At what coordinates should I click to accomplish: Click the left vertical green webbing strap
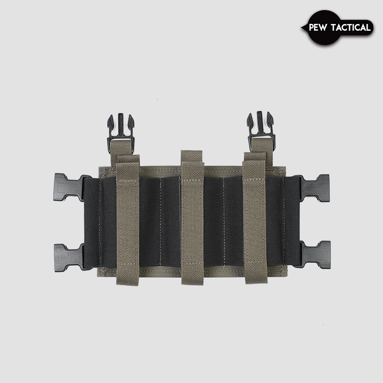[x=128, y=220]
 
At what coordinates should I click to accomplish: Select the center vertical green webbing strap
[x=192, y=218]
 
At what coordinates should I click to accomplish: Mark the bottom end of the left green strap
[x=128, y=282]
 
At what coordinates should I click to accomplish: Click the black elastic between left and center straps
[x=160, y=220]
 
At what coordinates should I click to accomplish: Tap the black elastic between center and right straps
[x=223, y=220]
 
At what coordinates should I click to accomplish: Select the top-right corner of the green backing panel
[x=284, y=168]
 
